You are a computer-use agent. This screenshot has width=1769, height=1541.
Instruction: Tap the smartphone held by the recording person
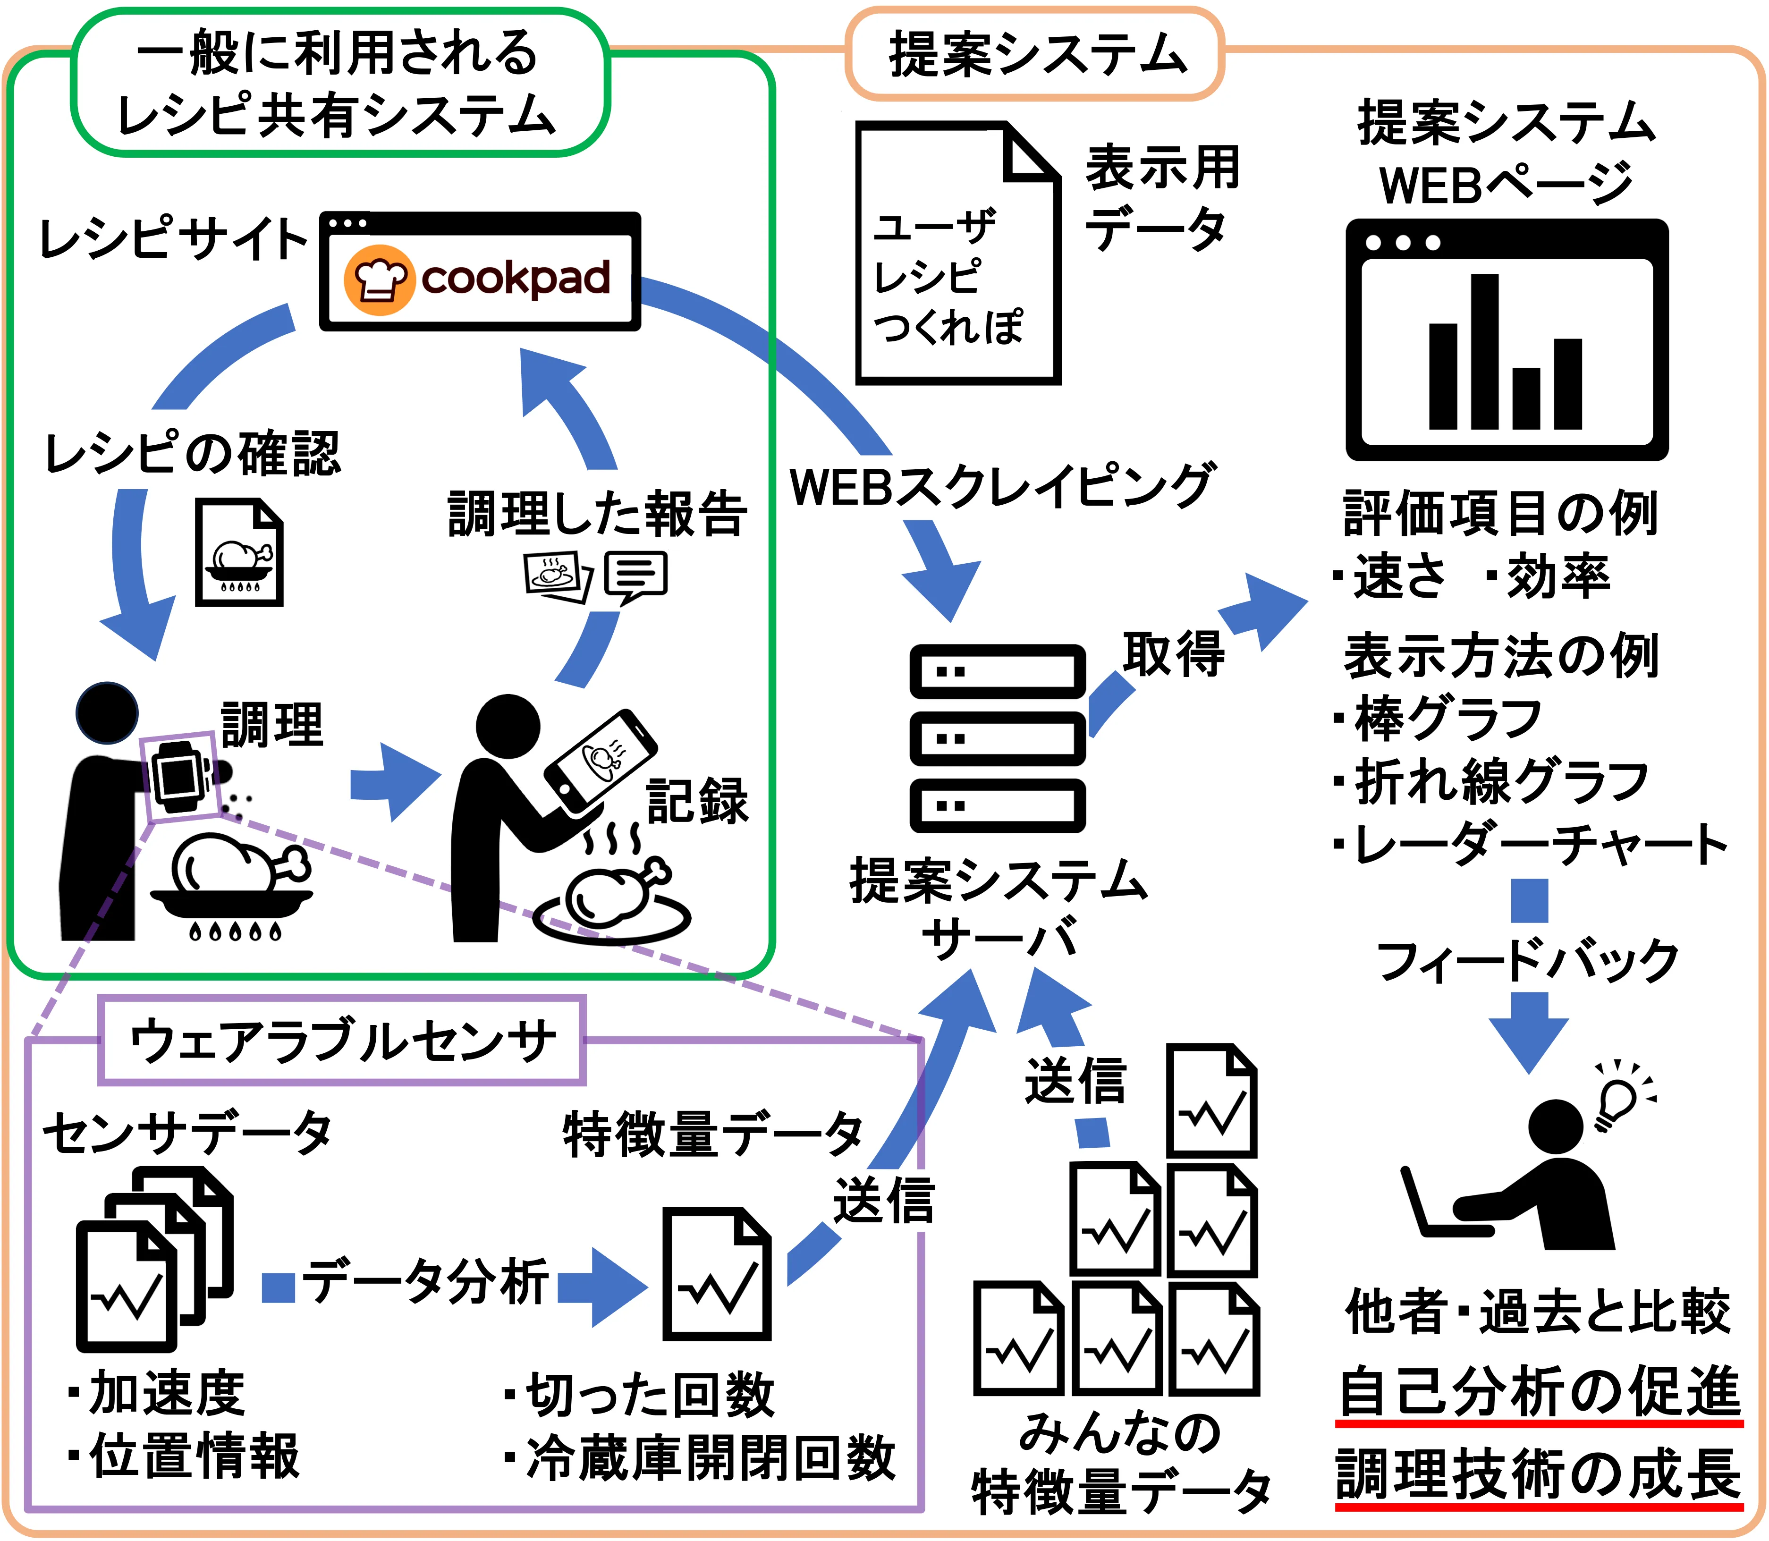point(600,761)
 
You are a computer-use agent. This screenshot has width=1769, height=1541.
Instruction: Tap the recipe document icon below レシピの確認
point(239,553)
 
